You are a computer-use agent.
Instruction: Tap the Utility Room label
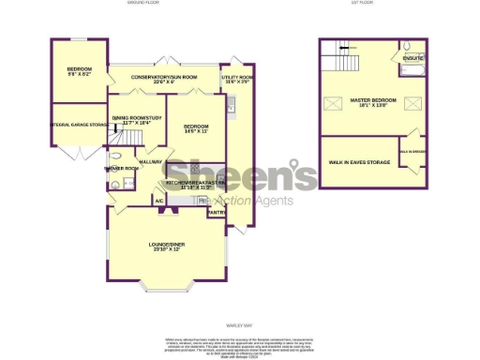coord(237,77)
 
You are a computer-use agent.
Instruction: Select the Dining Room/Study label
coord(137,117)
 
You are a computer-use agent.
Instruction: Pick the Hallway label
coord(151,162)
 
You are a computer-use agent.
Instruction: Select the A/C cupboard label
coord(159,201)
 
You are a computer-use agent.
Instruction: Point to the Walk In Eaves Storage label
coord(358,161)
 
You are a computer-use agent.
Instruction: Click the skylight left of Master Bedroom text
coord(332,103)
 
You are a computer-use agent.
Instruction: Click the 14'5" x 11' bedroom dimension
coord(194,131)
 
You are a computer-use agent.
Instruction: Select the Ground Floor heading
coord(144,4)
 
